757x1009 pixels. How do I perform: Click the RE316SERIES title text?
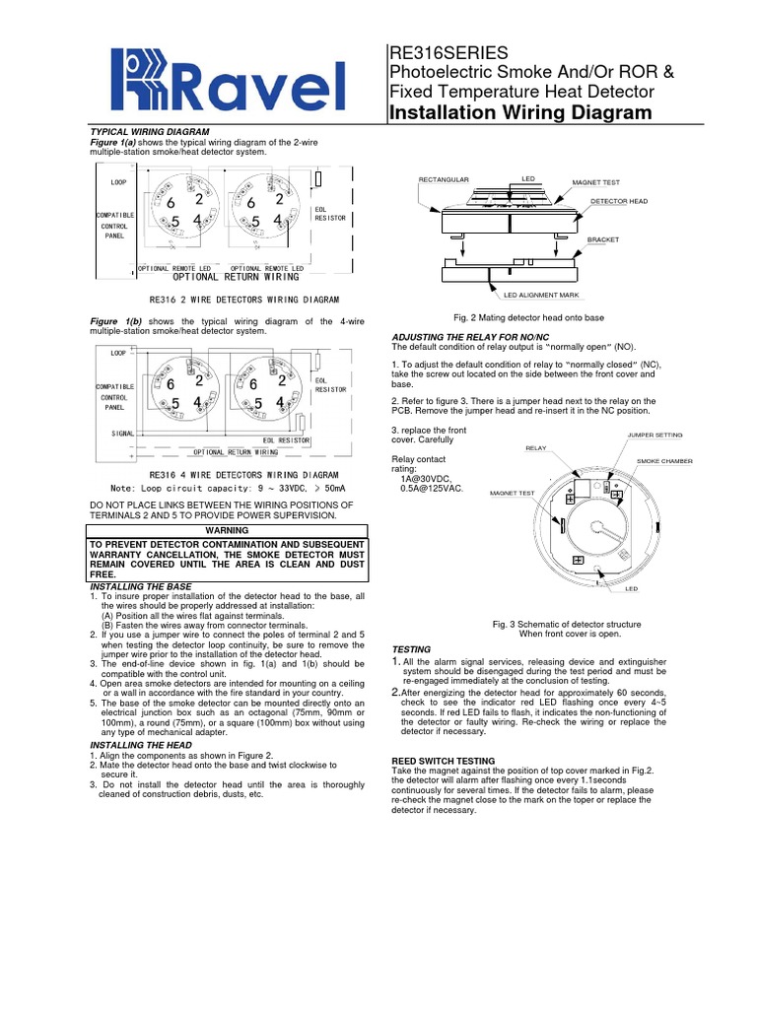point(449,53)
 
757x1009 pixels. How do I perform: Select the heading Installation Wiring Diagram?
point(521,113)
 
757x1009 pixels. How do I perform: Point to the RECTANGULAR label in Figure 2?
point(444,179)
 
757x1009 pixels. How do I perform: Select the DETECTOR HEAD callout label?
point(619,201)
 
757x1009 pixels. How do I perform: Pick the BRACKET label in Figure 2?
point(603,239)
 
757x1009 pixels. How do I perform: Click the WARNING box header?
point(226,530)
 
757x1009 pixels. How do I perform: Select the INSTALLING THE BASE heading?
point(140,586)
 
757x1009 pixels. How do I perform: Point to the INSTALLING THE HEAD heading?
point(141,745)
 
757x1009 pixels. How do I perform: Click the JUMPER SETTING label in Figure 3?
point(654,435)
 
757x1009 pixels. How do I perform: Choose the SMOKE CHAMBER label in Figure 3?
point(664,461)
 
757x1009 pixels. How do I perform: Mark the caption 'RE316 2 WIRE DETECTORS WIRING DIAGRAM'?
point(244,300)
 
